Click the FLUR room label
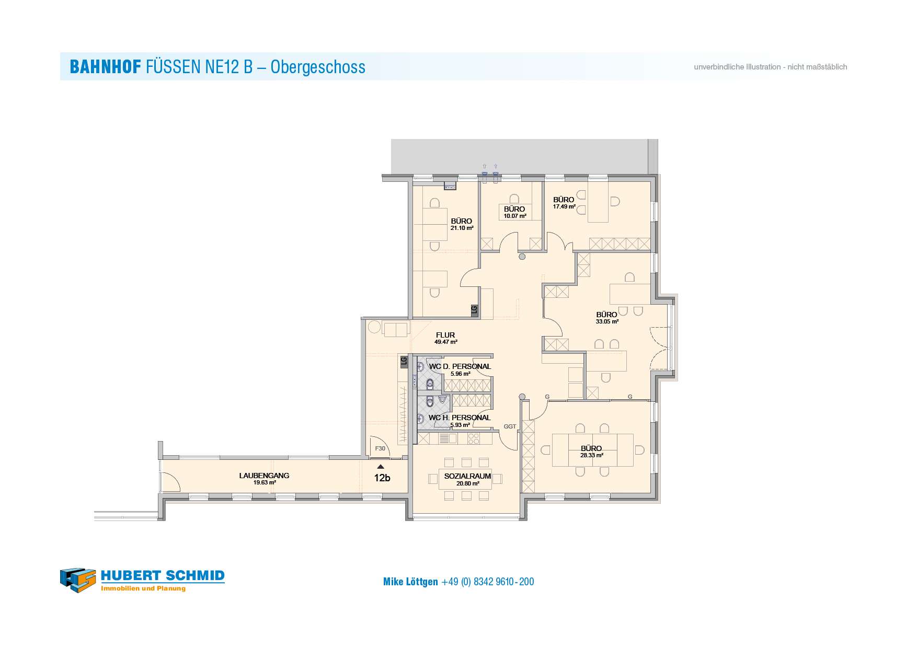pyautogui.click(x=445, y=335)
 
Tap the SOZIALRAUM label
pyautogui.click(x=467, y=476)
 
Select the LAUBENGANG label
pyautogui.click(x=264, y=476)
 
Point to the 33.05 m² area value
pyautogui.click(x=607, y=322)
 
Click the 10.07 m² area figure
pyautogui.click(x=515, y=216)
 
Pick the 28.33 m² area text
pyautogui.click(x=592, y=455)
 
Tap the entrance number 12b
pyautogui.click(x=382, y=478)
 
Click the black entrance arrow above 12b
pyautogui.click(x=381, y=467)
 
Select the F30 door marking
pyautogui.click(x=380, y=448)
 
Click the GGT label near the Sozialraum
pyautogui.click(x=510, y=426)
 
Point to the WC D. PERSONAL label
pyautogui.click(x=460, y=366)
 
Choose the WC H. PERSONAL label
pyautogui.click(x=460, y=418)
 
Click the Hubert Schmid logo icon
pyautogui.click(x=78, y=580)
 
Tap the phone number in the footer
pyautogui.click(x=488, y=582)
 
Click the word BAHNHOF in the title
pyautogui.click(x=105, y=67)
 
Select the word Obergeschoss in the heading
pyautogui.click(x=318, y=67)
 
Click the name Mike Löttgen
pyautogui.click(x=410, y=582)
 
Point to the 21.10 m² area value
pyautogui.click(x=462, y=228)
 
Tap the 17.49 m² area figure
pyautogui.click(x=564, y=206)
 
